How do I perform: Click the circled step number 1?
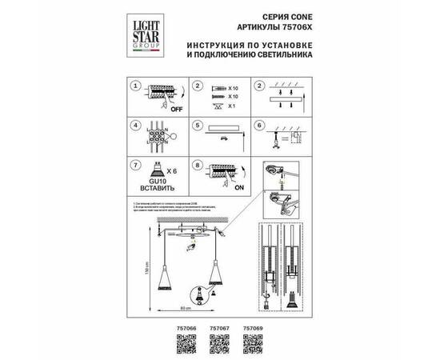(x=135, y=86)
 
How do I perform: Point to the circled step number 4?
(x=135, y=126)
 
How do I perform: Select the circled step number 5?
(x=195, y=126)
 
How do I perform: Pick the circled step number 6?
(x=258, y=126)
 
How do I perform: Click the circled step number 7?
(x=135, y=166)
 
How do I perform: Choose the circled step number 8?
(x=195, y=166)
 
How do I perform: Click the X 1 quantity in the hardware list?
(x=232, y=105)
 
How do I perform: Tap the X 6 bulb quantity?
(x=167, y=172)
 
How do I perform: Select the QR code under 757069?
(x=251, y=339)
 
